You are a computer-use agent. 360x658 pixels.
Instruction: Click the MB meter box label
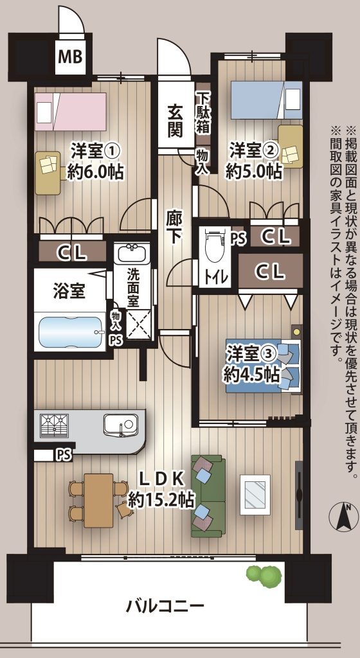[x=70, y=57]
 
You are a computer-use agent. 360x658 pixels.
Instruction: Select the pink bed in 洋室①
[x=70, y=112]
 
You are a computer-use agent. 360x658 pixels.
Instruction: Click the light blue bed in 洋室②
[x=266, y=100]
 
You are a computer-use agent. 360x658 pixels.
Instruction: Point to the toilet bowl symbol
[x=213, y=246]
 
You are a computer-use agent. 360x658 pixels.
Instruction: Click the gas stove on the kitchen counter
[x=54, y=426]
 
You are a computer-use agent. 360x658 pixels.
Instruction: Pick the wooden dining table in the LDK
[x=98, y=500]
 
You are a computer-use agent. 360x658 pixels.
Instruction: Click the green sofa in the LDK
[x=208, y=497]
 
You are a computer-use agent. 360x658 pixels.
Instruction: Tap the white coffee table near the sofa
[x=255, y=494]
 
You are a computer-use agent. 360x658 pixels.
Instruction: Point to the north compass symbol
[x=346, y=517]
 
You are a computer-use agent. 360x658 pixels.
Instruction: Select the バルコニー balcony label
[x=165, y=606]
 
